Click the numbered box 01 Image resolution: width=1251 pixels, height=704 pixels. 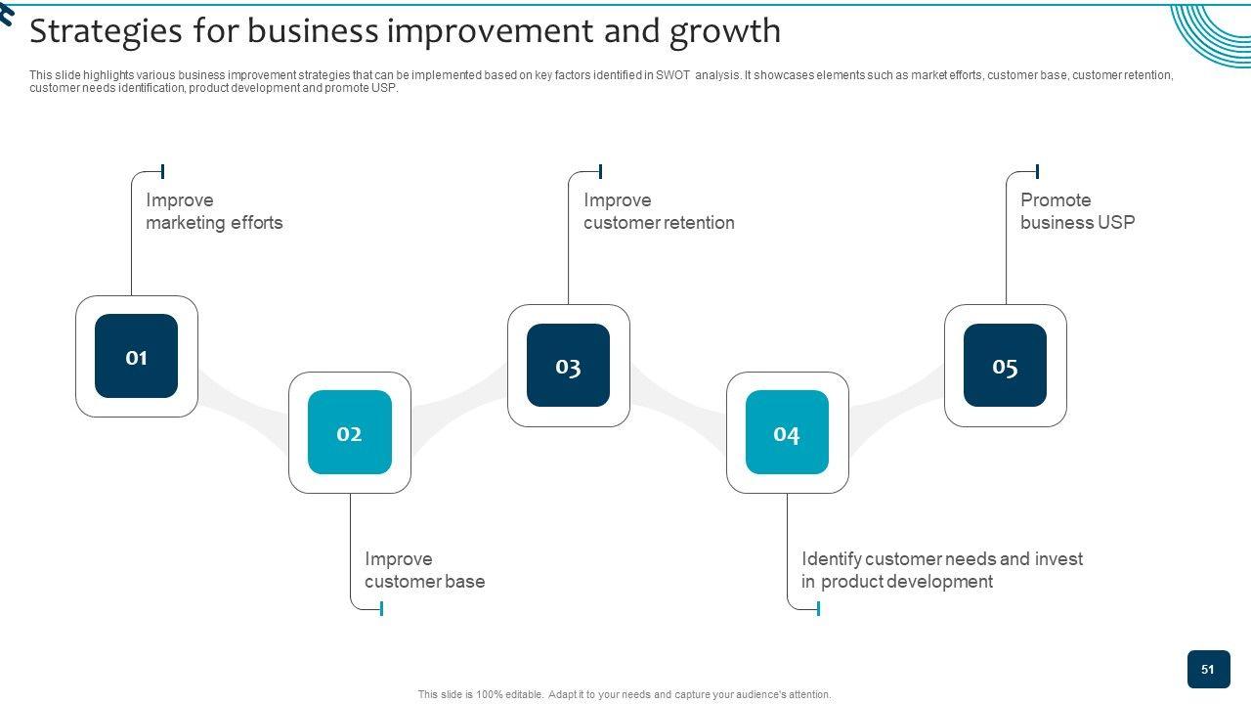click(137, 357)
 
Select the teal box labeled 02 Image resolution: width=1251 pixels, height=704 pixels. click(350, 432)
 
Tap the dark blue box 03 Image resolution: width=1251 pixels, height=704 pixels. click(568, 366)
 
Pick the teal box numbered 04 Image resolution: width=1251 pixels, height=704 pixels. click(787, 432)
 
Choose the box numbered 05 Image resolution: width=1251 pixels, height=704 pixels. click(1005, 366)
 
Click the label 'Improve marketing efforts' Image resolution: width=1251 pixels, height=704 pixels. click(214, 211)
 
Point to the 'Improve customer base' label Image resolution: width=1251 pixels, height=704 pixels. click(424, 570)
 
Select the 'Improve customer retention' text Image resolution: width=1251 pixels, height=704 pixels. click(659, 211)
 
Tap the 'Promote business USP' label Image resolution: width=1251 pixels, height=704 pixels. click(1077, 211)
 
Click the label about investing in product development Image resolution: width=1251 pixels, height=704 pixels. click(941, 570)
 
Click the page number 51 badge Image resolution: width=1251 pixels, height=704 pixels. click(1208, 670)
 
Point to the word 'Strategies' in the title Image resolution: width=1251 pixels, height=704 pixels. click(106, 31)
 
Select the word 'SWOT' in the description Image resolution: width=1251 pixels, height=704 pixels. click(672, 75)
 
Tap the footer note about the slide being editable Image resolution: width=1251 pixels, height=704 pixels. click(625, 695)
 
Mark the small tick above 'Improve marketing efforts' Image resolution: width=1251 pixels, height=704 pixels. click(162, 171)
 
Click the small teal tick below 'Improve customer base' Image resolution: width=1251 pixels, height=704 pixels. click(381, 608)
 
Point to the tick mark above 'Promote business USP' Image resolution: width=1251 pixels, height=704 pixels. click(1037, 171)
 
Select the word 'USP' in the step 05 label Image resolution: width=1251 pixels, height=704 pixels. click(1116, 223)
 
